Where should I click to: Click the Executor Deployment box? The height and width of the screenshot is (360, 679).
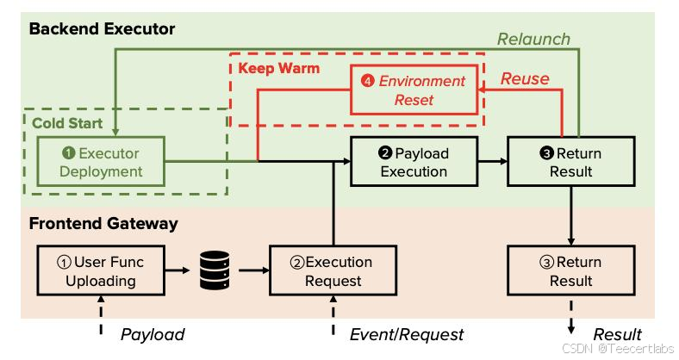(101, 161)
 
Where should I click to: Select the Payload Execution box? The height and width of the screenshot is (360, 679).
(414, 161)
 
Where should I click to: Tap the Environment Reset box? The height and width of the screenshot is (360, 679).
(414, 90)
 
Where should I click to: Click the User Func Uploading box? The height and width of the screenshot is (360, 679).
(101, 271)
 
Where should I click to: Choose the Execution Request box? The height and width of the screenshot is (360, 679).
(333, 271)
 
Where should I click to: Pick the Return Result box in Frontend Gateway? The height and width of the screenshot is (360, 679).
(571, 271)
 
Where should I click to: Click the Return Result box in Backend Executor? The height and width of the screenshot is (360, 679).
(571, 161)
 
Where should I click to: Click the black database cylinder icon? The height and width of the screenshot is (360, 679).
(215, 270)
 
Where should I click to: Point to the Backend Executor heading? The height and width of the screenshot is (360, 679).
(103, 29)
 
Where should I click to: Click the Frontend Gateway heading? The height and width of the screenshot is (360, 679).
(103, 224)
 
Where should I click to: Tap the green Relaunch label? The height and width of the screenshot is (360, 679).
(533, 39)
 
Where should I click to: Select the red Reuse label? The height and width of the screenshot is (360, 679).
(525, 78)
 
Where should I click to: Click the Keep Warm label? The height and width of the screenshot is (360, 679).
(279, 68)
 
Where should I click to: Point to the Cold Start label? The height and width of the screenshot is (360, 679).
(67, 123)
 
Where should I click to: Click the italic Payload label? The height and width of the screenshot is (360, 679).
(153, 334)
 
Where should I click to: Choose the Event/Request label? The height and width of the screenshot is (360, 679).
(407, 334)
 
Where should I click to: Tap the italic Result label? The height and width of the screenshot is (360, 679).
(618, 334)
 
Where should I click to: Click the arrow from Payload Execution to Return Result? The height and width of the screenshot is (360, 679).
(493, 161)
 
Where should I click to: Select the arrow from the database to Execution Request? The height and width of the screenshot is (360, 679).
(253, 271)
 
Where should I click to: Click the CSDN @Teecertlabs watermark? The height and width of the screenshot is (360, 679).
(618, 348)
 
